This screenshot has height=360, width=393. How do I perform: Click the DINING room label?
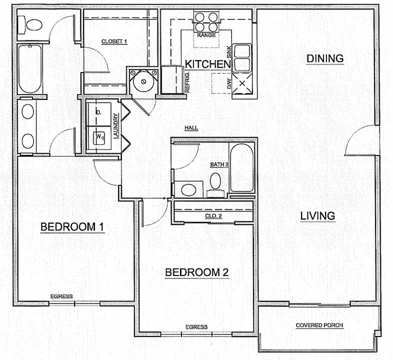click(x=325, y=58)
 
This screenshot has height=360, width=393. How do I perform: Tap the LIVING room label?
click(x=317, y=216)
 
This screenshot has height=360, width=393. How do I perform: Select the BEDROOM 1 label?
click(x=72, y=227)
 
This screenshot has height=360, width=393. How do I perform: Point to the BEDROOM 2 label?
click(x=197, y=272)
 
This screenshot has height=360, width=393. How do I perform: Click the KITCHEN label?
click(x=208, y=64)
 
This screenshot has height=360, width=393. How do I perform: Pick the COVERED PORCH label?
click(x=319, y=325)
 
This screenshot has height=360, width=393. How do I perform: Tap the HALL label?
click(x=191, y=128)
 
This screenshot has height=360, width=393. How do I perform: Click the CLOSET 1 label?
click(x=114, y=41)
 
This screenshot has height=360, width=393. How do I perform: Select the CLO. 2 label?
click(x=213, y=216)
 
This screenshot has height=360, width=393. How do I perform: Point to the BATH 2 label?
click(x=219, y=164)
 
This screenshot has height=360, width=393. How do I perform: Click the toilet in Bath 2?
click(x=215, y=185)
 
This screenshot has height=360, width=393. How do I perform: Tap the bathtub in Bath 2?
click(x=242, y=167)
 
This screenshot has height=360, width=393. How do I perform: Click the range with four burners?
click(x=206, y=21)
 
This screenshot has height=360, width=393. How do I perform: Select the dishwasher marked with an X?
click(x=242, y=83)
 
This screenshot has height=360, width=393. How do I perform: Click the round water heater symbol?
click(x=143, y=81)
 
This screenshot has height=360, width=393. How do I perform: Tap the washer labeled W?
click(x=99, y=138)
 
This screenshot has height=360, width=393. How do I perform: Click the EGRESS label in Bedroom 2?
click(x=196, y=327)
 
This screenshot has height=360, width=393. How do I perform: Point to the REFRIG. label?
click(x=187, y=81)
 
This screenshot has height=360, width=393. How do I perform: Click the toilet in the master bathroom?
click(x=30, y=25)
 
